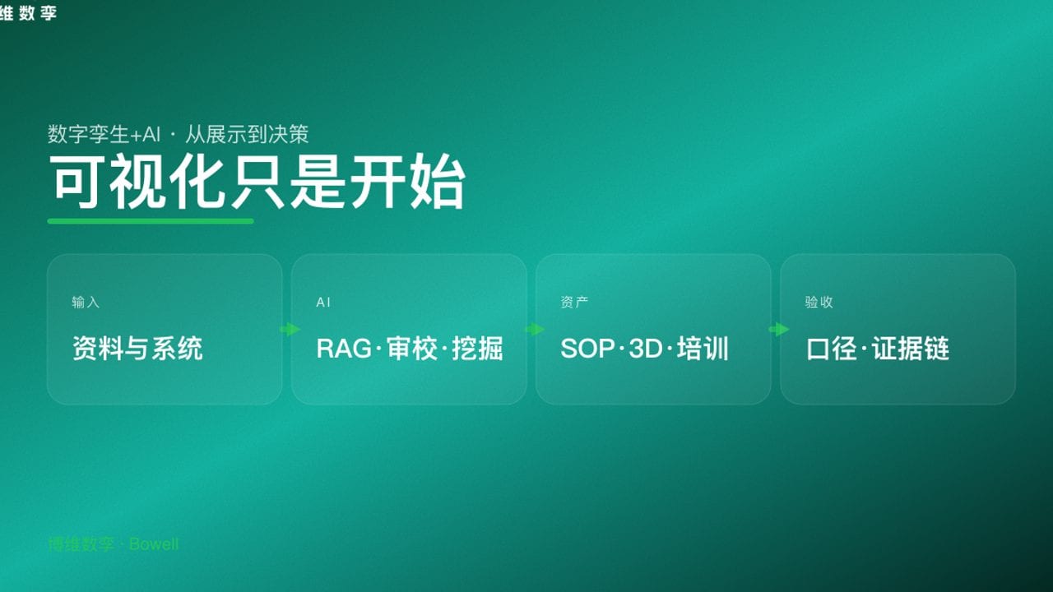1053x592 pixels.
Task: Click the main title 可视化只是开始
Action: tap(257, 182)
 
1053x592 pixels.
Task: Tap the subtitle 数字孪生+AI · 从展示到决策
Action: tap(179, 134)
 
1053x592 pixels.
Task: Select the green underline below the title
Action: tap(151, 220)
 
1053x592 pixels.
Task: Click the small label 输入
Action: tap(86, 303)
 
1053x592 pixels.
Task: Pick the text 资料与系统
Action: tap(137, 349)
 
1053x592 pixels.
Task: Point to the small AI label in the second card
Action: tap(323, 303)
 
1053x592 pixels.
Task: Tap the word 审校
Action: tap(411, 349)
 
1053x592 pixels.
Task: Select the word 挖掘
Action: tap(477, 349)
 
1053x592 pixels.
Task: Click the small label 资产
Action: tap(574, 303)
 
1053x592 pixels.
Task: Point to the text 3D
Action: tap(646, 349)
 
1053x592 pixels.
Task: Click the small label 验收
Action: tap(819, 303)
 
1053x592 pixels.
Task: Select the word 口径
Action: tap(832, 349)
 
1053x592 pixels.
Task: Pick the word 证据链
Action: tap(911, 349)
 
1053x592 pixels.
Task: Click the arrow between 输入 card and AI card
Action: tap(290, 330)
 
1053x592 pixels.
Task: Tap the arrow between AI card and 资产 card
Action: tap(535, 330)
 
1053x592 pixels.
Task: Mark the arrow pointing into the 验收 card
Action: tap(778, 330)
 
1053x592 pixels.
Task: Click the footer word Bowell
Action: tap(154, 544)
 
